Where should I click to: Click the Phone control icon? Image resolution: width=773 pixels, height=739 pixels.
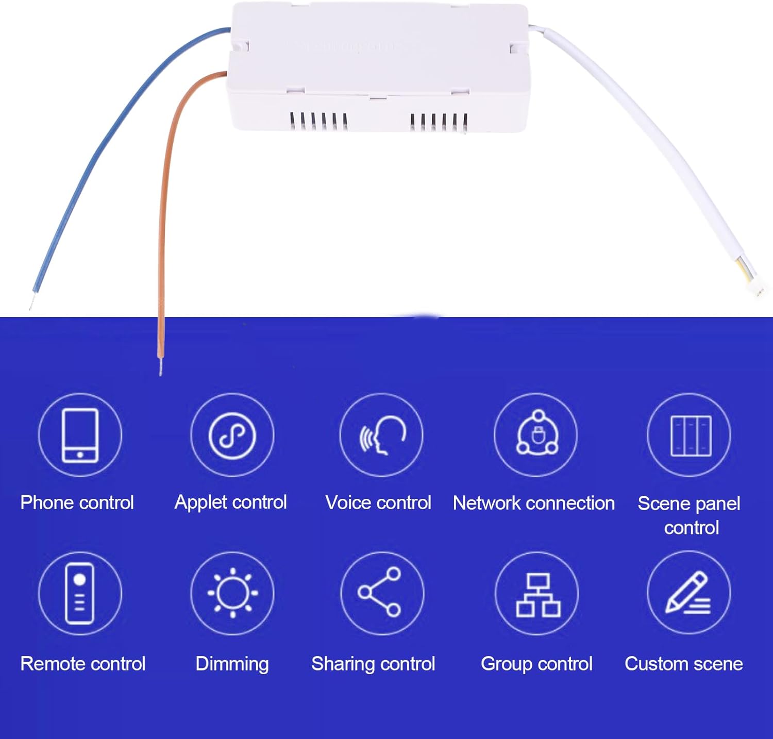tap(80, 435)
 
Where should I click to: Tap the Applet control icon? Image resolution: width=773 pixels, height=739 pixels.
tap(232, 435)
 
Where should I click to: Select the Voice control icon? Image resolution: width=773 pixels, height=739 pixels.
tap(382, 435)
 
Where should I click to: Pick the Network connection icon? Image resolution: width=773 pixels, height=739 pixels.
tap(536, 435)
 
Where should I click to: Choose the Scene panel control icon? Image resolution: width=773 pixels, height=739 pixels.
tap(690, 435)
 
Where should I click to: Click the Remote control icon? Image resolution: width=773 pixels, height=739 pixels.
tap(80, 593)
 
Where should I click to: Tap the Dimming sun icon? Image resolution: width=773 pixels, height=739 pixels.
tap(232, 593)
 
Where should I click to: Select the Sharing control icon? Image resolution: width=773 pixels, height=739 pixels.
tap(382, 593)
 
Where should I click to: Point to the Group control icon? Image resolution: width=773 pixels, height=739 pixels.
tap(536, 593)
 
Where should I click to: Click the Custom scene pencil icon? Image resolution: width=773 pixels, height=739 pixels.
tap(690, 593)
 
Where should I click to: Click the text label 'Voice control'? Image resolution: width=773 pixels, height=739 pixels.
tap(378, 502)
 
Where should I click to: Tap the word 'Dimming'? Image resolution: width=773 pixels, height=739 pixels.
tap(232, 664)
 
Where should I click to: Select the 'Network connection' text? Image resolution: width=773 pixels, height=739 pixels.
tap(534, 503)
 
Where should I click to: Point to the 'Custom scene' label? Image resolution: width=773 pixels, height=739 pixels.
tap(684, 664)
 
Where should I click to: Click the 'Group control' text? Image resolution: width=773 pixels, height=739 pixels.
tap(536, 664)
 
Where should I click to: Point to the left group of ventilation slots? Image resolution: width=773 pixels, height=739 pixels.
tap(318, 121)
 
